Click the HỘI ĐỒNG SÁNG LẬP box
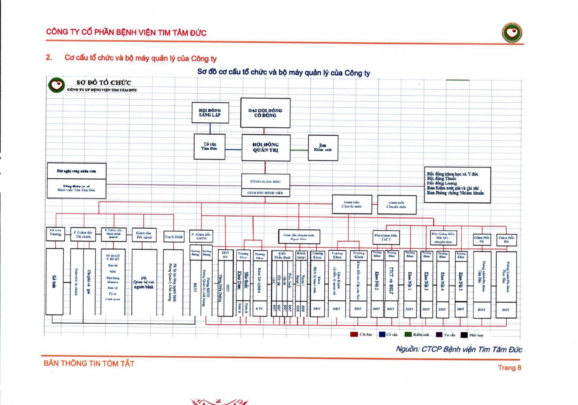coord(210,113)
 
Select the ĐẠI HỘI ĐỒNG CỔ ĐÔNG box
coord(265,113)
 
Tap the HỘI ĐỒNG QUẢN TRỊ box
coord(266,148)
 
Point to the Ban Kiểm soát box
coord(323,148)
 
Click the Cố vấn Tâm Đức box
coord(209,146)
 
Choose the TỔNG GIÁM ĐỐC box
coord(265,181)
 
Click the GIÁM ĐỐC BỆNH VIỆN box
coord(265,193)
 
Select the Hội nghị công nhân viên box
coord(76,171)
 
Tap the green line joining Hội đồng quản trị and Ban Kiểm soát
coord(299,150)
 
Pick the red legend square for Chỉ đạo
coord(354,334)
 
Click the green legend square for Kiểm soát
coord(408,334)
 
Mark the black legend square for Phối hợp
coord(464,335)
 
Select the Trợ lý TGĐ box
coord(173,237)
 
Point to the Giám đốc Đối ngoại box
coord(144,235)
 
